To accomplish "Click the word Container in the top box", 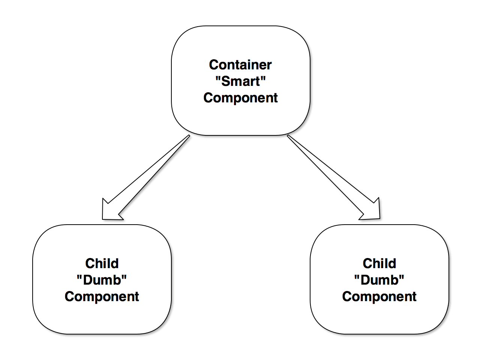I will click(x=240, y=64).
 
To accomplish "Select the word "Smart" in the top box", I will click(x=240, y=81).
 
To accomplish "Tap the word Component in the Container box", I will click(x=240, y=98).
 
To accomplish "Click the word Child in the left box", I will click(x=102, y=263).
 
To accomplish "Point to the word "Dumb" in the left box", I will click(x=102, y=280).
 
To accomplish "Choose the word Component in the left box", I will click(x=102, y=297).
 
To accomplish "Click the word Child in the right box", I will click(x=379, y=263).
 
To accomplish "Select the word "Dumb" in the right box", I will click(x=379, y=280).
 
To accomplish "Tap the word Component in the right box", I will click(x=379, y=297).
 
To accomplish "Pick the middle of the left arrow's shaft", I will click(x=150, y=172).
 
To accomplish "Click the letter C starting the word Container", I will click(x=214, y=64).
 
